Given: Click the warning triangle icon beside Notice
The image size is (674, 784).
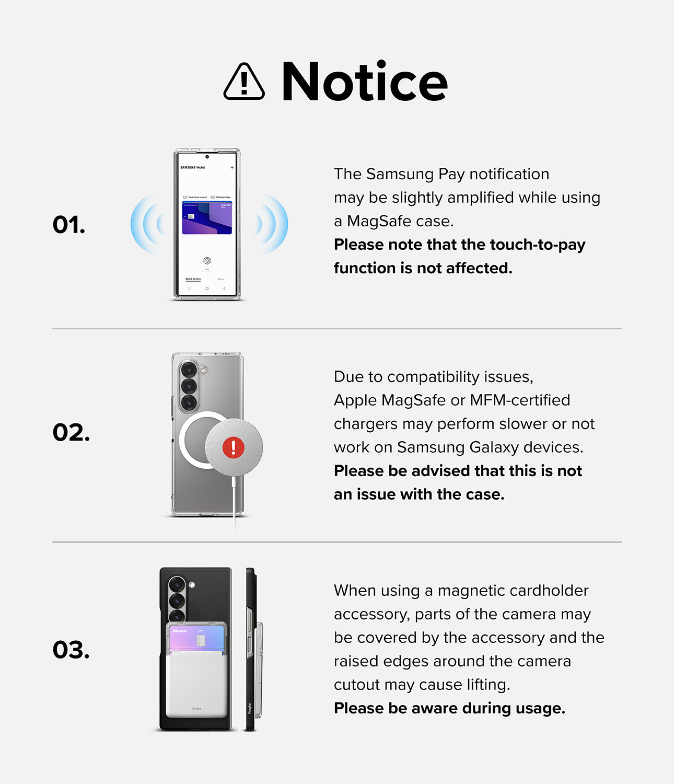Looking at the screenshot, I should click(x=244, y=82).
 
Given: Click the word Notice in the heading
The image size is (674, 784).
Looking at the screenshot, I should click(x=364, y=82).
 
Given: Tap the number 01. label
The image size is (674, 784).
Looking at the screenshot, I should click(x=68, y=225).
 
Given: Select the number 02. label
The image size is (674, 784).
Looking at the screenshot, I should click(x=71, y=432).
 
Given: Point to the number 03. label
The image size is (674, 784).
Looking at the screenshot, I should click(x=71, y=650).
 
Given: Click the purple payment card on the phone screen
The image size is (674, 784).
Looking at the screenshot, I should click(x=207, y=218).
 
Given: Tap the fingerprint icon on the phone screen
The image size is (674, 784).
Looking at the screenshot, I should click(x=207, y=260).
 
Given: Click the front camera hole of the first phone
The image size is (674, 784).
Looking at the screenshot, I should click(x=207, y=157).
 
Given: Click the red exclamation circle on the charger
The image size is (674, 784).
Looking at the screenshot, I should click(x=233, y=447).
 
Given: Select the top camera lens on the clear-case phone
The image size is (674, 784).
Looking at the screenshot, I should click(x=189, y=370).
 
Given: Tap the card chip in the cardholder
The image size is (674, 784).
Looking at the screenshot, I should click(x=200, y=641).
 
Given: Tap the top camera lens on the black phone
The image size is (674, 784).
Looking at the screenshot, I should click(x=177, y=584).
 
